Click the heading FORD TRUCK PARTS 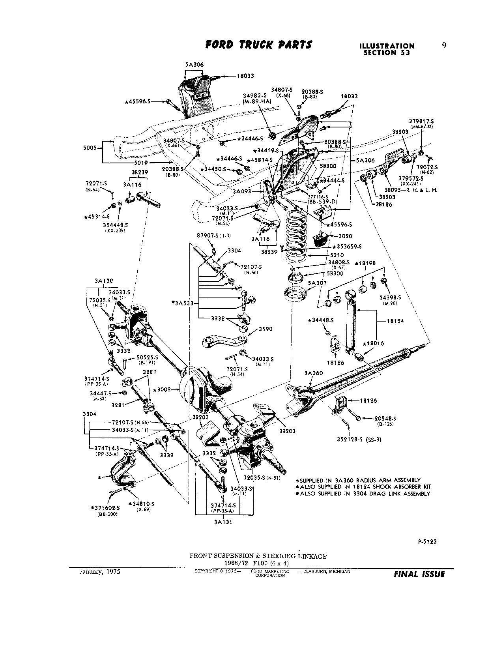(x=258, y=45)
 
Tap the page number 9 (x=444, y=45)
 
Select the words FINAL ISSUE (x=419, y=574)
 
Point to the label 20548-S (x=385, y=418)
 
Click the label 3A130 (x=104, y=281)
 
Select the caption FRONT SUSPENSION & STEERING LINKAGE (x=258, y=556)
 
